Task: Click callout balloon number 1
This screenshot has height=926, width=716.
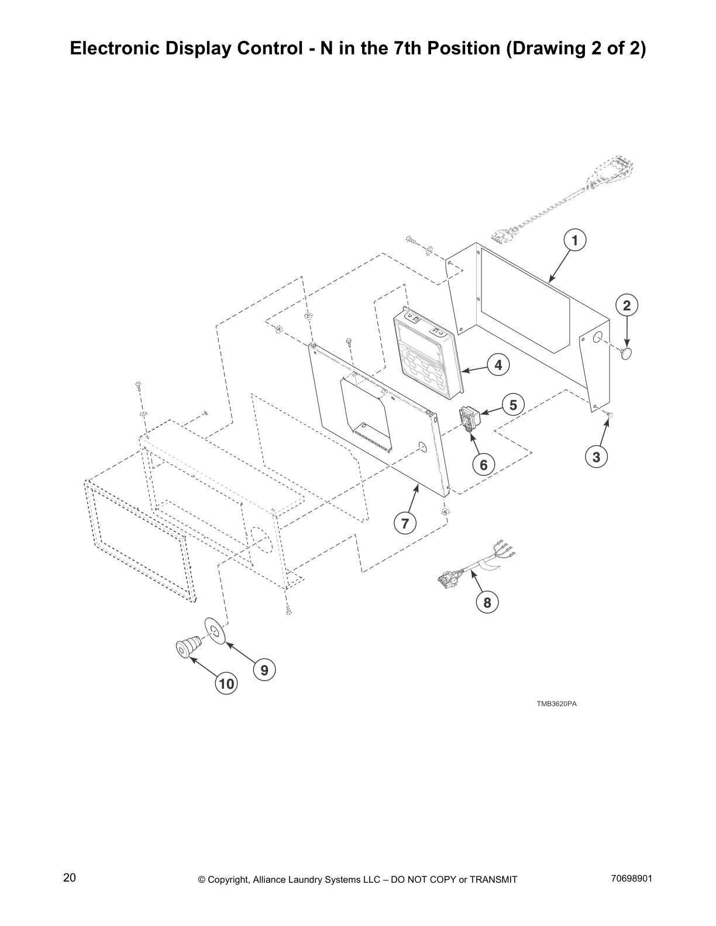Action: click(574, 240)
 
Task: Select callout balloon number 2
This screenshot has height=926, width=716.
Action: click(626, 305)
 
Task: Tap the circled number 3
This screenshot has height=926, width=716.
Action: click(596, 457)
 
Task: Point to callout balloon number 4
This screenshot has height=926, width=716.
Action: click(498, 365)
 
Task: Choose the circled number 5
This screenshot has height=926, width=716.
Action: click(513, 405)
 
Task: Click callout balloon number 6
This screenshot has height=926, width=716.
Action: click(483, 465)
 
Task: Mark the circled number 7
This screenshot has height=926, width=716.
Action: click(405, 523)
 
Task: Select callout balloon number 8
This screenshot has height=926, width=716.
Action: click(487, 602)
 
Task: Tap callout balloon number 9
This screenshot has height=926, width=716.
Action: click(264, 670)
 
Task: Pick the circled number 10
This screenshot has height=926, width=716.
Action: click(226, 683)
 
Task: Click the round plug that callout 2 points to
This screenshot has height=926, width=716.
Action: click(627, 353)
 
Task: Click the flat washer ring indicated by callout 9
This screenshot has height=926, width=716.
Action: click(214, 630)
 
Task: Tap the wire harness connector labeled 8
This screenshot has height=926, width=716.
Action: click(450, 579)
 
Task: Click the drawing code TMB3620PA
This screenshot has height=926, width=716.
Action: click(556, 703)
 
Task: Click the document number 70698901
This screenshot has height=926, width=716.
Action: click(631, 878)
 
